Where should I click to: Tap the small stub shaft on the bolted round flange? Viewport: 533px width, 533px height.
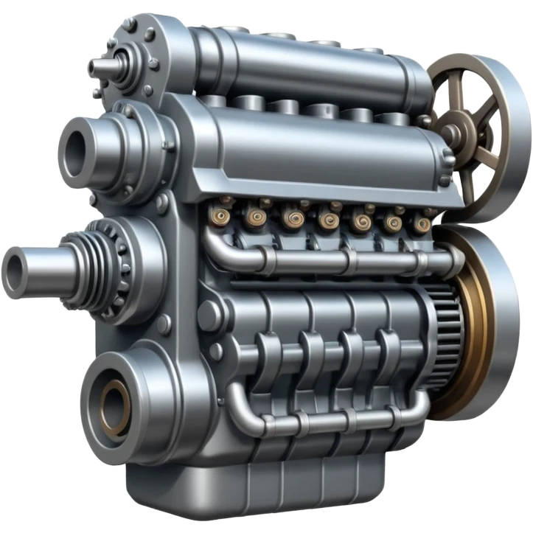tap(99, 67)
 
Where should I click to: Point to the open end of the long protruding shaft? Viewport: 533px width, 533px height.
tap(15, 265)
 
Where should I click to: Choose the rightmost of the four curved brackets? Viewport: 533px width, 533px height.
tap(390, 354)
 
